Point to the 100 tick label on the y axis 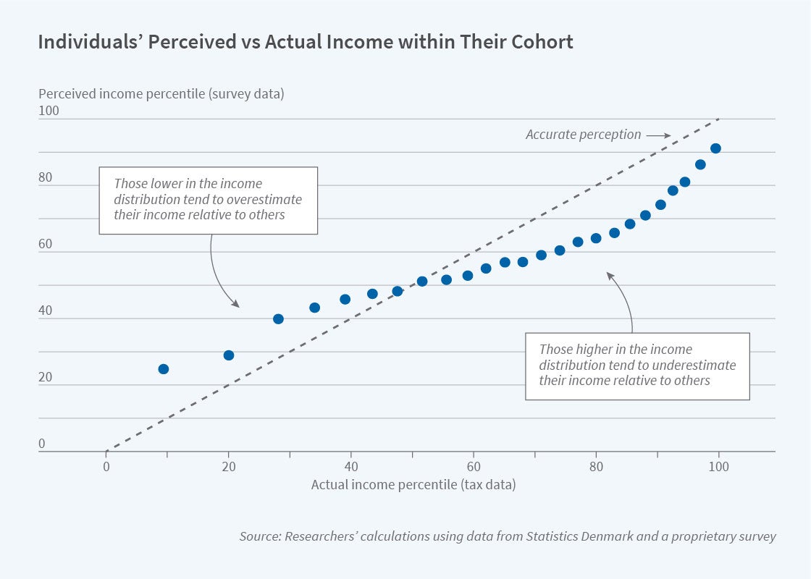(x=49, y=111)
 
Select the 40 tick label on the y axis (x=46, y=310)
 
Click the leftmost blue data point (x=164, y=369)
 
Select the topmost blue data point (x=715, y=148)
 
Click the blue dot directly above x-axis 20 (x=229, y=355)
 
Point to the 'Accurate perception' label (x=583, y=135)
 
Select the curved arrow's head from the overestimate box (x=237, y=305)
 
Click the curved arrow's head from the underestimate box (x=608, y=274)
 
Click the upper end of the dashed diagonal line (x=718, y=119)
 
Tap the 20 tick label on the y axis (x=46, y=377)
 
